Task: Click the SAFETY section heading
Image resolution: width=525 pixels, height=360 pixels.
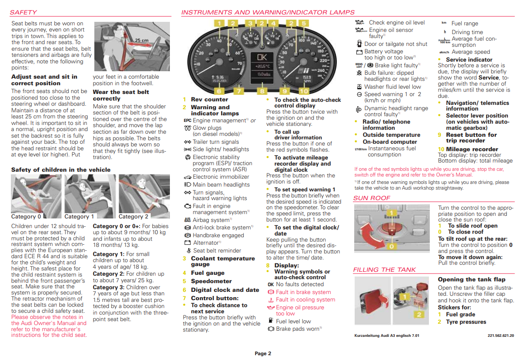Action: point(23,12)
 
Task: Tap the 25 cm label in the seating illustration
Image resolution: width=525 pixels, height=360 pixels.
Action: point(141,40)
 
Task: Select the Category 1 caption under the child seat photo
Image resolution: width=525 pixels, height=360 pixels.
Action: point(79,216)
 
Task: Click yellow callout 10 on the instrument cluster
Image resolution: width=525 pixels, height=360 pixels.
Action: point(304,91)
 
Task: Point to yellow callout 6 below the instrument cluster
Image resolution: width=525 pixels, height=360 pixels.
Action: point(219,91)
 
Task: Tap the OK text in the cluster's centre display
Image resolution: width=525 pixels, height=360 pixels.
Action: point(262,57)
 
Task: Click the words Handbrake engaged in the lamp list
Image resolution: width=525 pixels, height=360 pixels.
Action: point(218,235)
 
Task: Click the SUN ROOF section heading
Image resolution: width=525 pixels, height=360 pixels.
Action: point(372,198)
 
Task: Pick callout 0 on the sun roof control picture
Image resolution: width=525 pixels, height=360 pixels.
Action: point(392,247)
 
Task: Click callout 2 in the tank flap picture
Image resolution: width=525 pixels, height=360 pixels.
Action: point(419,314)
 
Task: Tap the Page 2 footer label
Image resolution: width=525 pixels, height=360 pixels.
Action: point(263,353)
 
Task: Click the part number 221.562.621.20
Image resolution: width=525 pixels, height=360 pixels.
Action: point(501,336)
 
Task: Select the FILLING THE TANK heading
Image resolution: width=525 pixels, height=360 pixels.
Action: point(384,270)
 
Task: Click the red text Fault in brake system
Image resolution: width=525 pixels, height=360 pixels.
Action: point(303,292)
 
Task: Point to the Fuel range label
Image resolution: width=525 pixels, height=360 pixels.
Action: point(465,24)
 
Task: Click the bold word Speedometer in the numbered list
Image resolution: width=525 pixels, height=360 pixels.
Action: point(211,281)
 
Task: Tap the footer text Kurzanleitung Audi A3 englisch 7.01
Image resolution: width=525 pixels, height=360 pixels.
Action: point(387,336)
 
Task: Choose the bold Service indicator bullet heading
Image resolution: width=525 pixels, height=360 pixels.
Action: point(469,59)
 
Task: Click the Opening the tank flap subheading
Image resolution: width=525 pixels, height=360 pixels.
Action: point(471,279)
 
